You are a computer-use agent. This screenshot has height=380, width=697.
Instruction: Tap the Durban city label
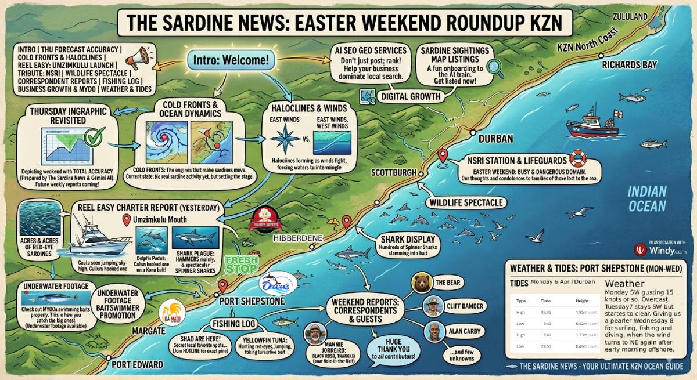click(495, 139)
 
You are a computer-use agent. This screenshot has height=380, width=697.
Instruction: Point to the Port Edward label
click(137, 365)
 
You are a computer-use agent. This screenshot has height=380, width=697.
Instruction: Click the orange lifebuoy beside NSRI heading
click(577, 158)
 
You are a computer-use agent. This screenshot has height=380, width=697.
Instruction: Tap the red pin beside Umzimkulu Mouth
click(126, 220)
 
